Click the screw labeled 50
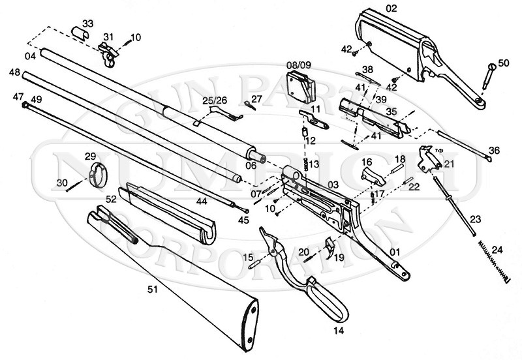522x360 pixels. coord(487,75)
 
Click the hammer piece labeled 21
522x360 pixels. coord(429,160)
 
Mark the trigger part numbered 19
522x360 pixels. coord(330,248)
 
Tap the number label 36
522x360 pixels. coord(494,150)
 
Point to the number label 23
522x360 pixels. coord(474,219)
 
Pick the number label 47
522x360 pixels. coord(18,97)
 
